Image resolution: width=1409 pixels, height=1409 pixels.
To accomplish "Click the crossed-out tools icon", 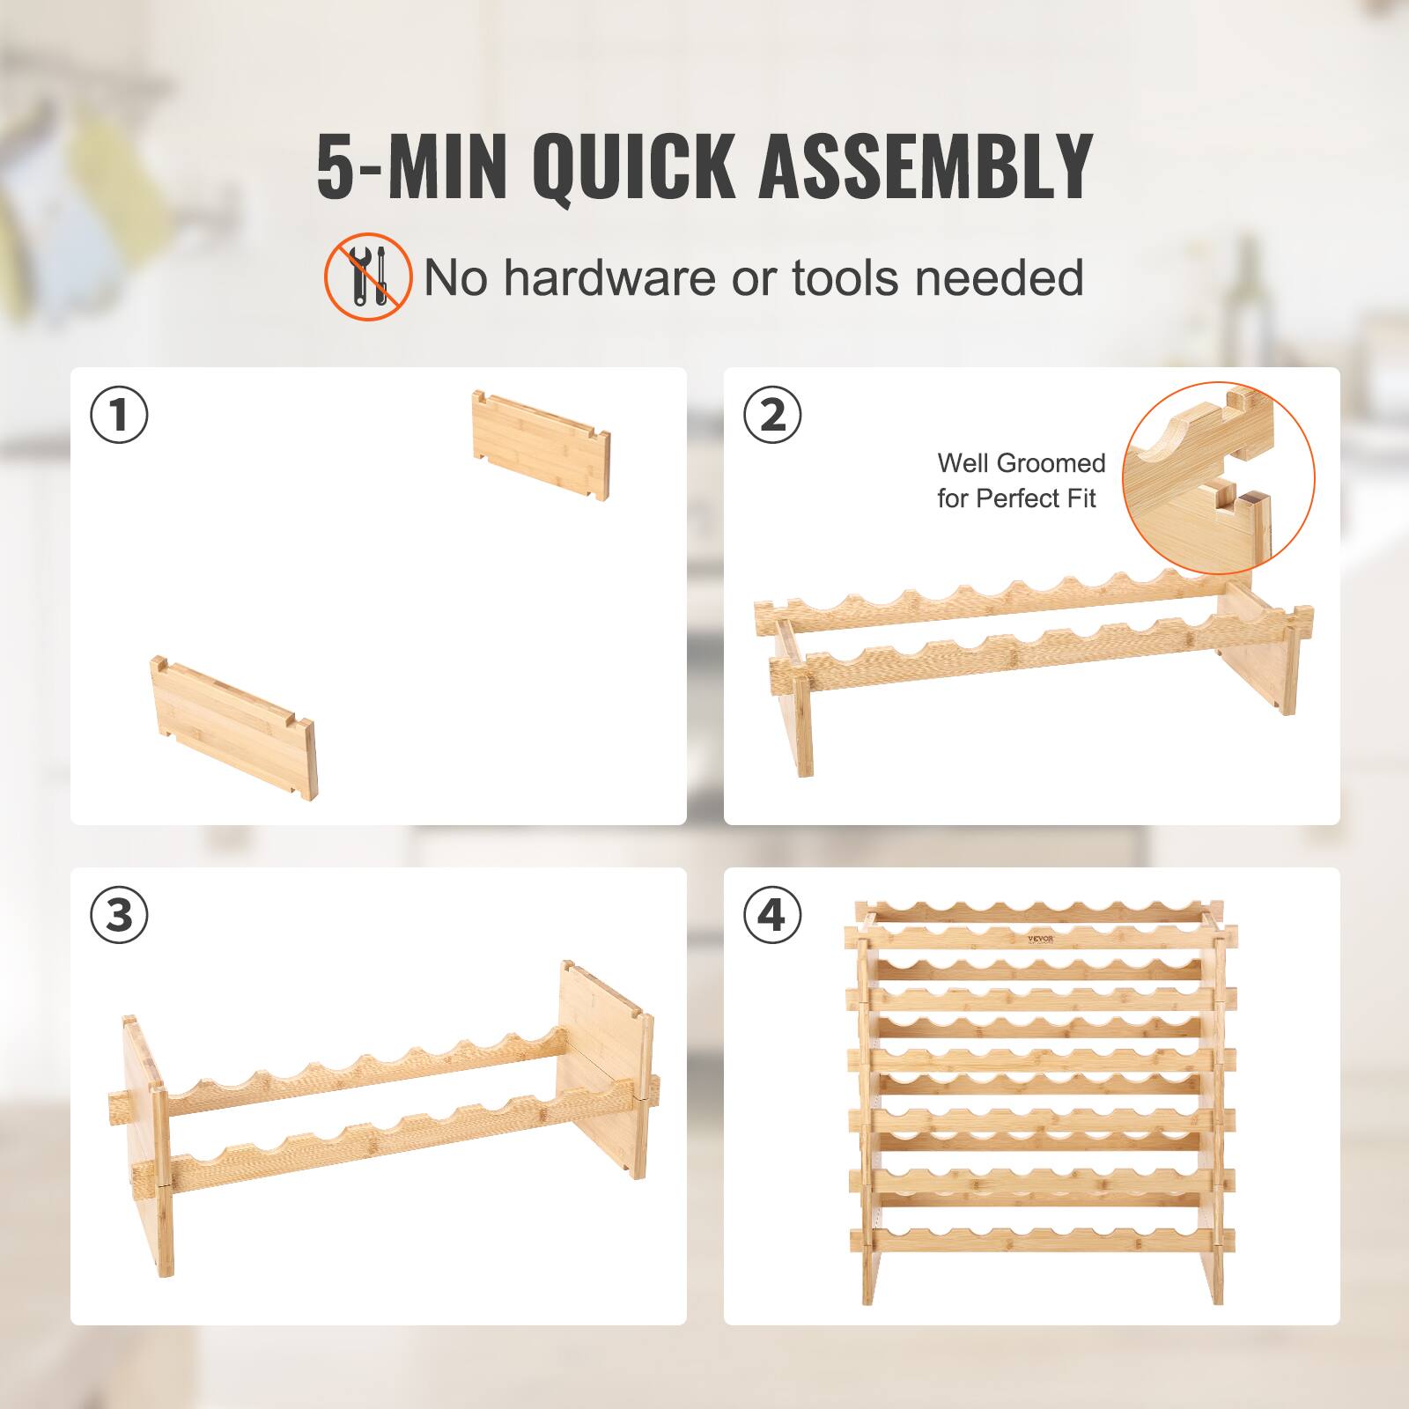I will (x=368, y=276).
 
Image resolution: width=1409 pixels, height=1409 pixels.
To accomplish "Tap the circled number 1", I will (x=120, y=416).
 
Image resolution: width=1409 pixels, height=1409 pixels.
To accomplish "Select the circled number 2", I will (x=772, y=416).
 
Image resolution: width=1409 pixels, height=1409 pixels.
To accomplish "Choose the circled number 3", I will (x=120, y=915).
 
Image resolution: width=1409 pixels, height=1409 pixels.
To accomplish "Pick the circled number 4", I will (x=772, y=915).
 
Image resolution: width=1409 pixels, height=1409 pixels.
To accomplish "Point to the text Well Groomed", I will (x=1020, y=463).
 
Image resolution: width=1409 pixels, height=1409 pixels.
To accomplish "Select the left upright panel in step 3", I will (x=146, y=1145).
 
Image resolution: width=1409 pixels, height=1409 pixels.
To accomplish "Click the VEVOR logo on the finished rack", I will (x=1044, y=938).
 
